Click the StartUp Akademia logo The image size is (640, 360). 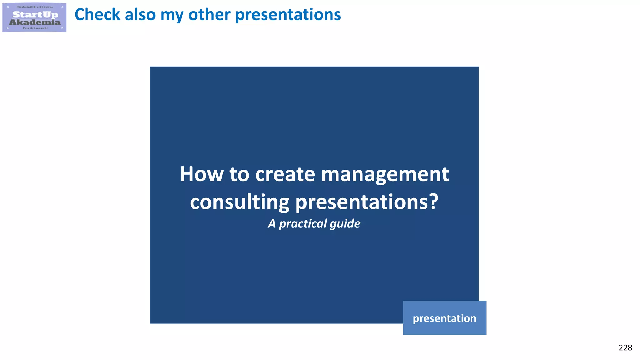34,17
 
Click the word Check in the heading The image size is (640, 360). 97,15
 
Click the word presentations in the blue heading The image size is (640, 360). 288,15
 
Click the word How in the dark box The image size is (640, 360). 202,174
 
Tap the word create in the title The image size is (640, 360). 285,174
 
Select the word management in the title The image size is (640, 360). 385,175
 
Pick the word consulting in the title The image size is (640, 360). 240,202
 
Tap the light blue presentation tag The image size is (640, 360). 444,318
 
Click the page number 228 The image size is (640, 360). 625,347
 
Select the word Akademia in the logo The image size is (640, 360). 35,22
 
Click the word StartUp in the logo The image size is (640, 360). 35,14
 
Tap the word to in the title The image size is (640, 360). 239,174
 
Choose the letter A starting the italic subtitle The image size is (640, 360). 272,224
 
